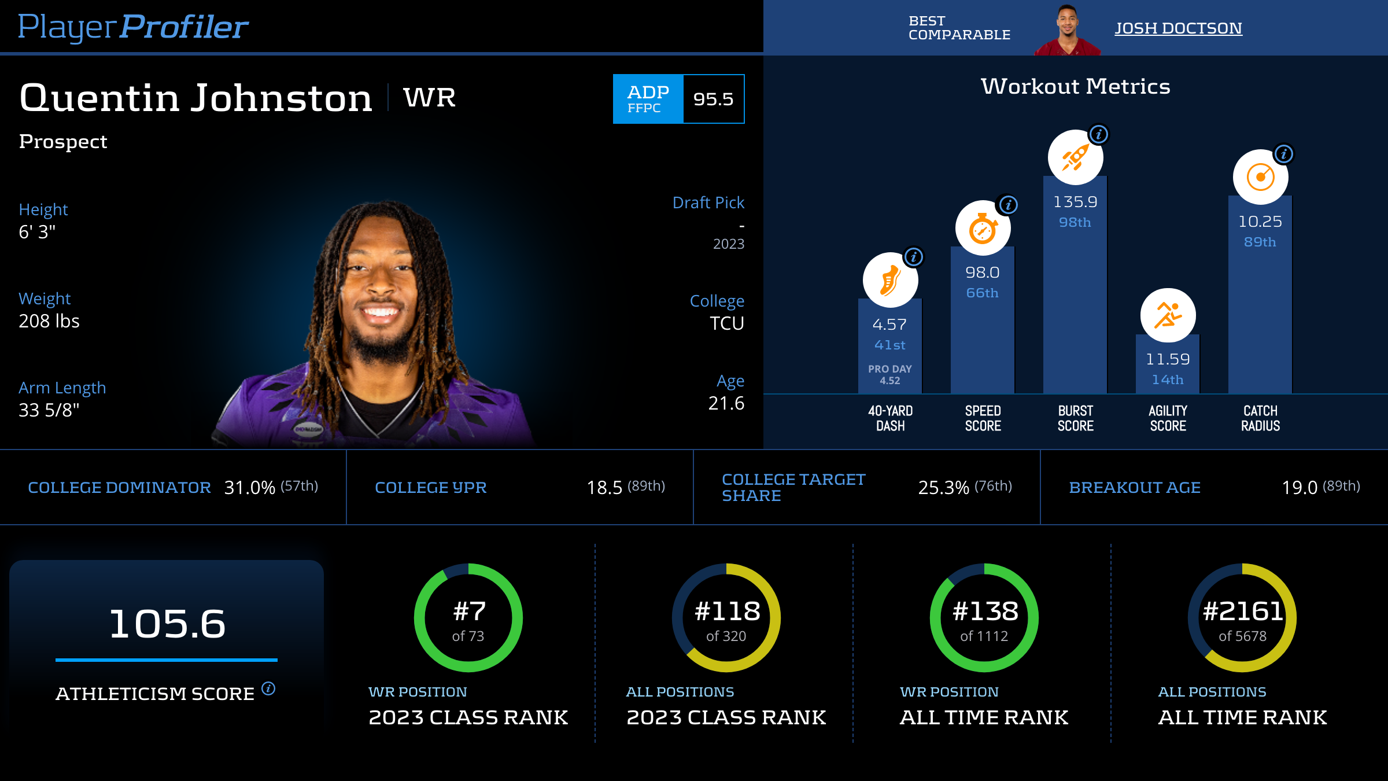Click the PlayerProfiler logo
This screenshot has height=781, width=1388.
(x=133, y=27)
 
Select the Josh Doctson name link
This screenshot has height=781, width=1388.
(x=1178, y=28)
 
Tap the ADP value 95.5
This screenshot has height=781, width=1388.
(x=713, y=99)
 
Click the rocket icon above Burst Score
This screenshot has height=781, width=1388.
(x=1075, y=157)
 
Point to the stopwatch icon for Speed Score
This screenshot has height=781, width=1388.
(x=983, y=229)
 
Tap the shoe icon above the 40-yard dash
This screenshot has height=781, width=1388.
(x=890, y=280)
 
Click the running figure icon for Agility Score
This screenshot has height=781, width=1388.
(x=1168, y=315)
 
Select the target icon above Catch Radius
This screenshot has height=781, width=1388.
(x=1260, y=177)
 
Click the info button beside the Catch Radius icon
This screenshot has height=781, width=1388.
(x=1284, y=154)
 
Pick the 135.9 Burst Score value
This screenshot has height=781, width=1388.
(x=1075, y=202)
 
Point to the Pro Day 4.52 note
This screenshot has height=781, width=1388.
(x=890, y=374)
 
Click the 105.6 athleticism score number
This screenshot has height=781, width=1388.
(x=167, y=624)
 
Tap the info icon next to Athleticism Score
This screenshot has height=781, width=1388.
(x=268, y=688)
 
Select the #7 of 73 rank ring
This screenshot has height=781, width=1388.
(x=468, y=618)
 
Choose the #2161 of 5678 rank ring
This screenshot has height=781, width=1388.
(x=1242, y=618)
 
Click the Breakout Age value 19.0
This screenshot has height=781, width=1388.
(x=1300, y=488)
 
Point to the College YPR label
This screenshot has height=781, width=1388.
(x=431, y=488)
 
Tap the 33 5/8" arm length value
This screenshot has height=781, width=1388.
(x=49, y=410)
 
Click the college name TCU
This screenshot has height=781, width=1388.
(x=726, y=323)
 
